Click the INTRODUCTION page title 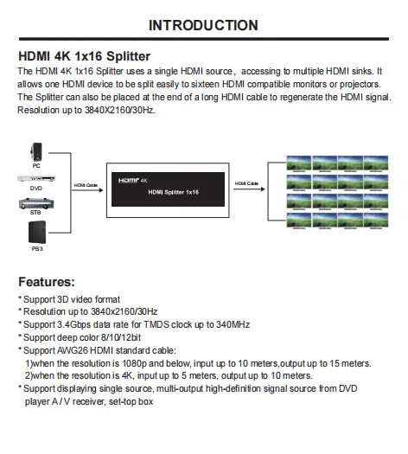point(203,25)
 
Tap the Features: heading point(57,282)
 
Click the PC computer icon point(36,150)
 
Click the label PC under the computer point(36,164)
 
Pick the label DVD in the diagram point(36,188)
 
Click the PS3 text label point(36,249)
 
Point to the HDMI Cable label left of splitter point(86,184)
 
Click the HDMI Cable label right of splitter point(247,184)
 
